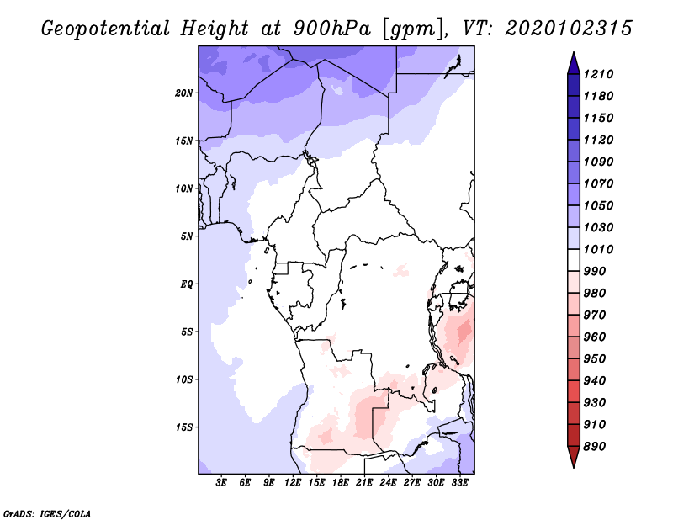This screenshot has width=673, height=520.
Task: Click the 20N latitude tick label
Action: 185,93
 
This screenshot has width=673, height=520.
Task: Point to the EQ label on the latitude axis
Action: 187,284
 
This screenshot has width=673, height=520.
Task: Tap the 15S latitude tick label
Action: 185,427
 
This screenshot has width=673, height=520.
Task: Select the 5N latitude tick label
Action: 187,236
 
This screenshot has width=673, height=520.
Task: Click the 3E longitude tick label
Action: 222,483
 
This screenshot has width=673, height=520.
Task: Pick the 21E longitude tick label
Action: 365,483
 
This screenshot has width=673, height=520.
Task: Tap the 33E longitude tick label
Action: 460,483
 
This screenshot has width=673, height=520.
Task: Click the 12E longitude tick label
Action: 294,483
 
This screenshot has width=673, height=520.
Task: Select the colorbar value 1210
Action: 601,74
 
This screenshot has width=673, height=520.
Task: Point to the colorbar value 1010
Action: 601,249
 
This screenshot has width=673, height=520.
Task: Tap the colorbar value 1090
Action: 601,162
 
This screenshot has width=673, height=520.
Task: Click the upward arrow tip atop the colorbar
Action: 572,55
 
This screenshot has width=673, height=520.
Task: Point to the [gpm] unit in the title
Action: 410,29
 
